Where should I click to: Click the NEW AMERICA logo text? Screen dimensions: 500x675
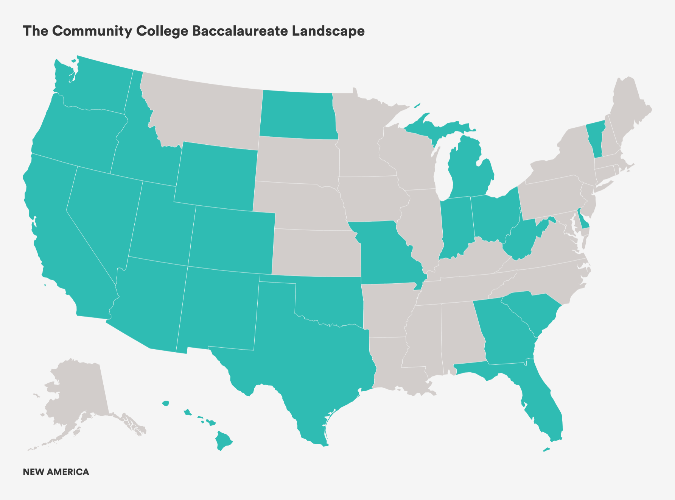(x=56, y=472)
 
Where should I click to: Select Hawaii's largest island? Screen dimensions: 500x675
(x=223, y=441)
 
